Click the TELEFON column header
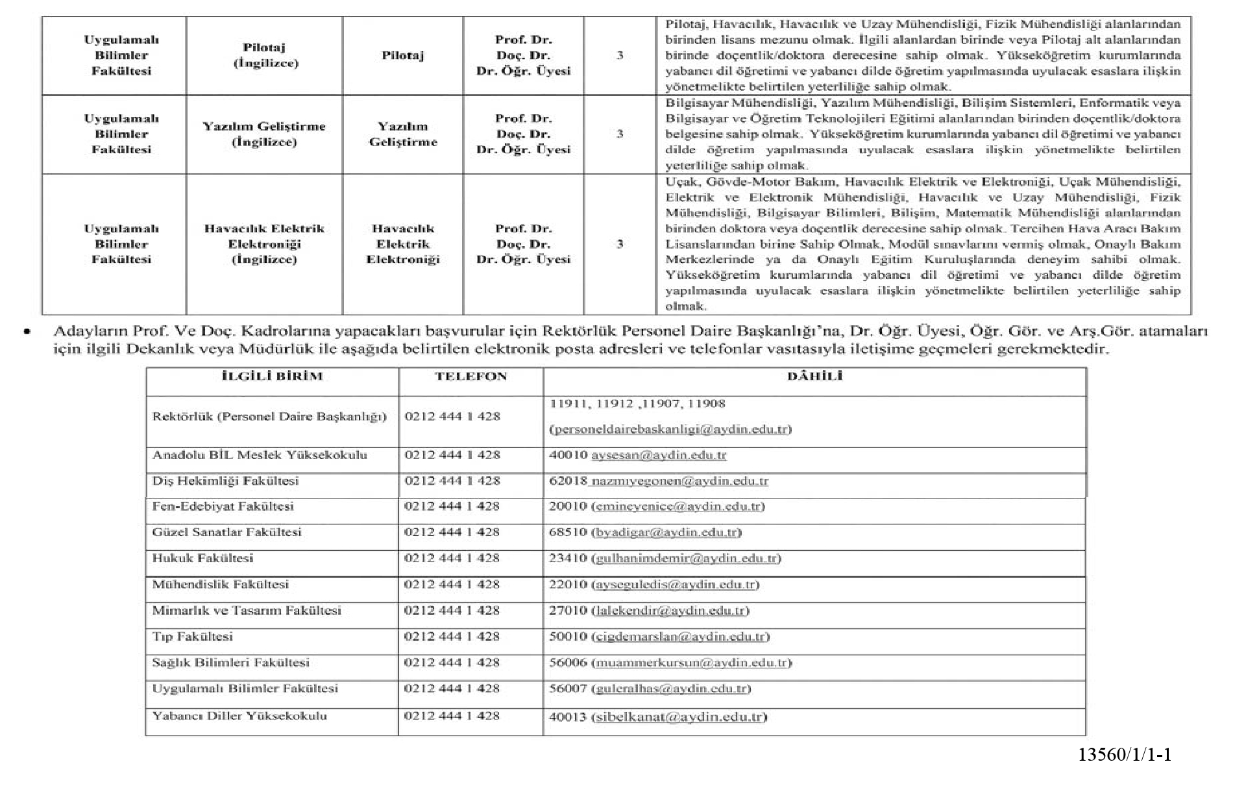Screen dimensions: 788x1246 [x=470, y=376]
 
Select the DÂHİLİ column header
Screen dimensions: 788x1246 [x=814, y=376]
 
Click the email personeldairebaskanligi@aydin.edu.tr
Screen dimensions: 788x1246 [x=670, y=430]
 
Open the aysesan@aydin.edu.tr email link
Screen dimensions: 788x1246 [x=658, y=456]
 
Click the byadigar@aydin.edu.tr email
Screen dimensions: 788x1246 [x=666, y=533]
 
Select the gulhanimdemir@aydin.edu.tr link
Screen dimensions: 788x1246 [x=686, y=559]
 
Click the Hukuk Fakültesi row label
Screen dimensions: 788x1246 [x=202, y=559]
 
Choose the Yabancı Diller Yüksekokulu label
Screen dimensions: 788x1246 [x=239, y=717]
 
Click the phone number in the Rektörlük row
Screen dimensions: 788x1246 [x=452, y=417]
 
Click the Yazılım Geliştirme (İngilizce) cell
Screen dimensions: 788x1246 [x=264, y=134]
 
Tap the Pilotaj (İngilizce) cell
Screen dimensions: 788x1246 [x=264, y=56]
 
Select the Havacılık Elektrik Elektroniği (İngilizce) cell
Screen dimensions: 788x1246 [x=264, y=244]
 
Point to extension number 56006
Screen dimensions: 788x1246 [x=568, y=663]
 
